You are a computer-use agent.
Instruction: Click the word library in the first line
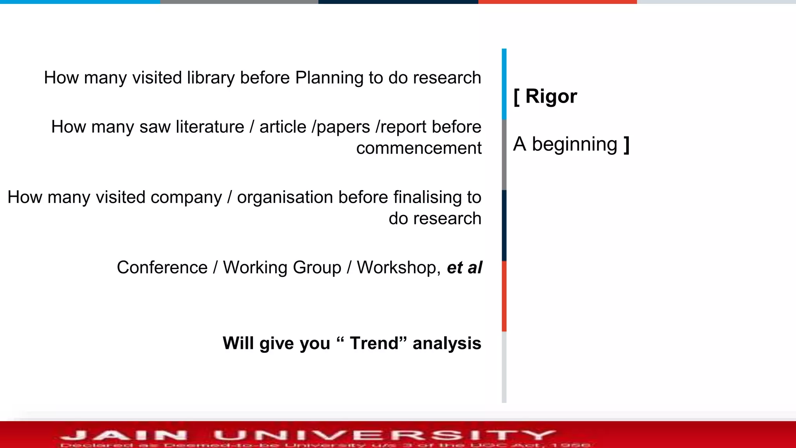coord(210,78)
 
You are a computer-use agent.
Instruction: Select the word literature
coord(210,127)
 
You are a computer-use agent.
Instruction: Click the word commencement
coord(419,148)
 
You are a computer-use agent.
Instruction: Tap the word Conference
coord(162,268)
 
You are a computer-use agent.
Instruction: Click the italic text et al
coord(464,268)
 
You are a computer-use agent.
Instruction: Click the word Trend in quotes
coord(374,343)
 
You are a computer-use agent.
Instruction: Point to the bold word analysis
coord(447,343)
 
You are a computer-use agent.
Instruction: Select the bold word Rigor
coord(551,96)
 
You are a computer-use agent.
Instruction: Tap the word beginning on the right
coord(574,144)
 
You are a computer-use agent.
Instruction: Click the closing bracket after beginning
coord(627,144)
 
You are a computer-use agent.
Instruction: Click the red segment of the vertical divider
coord(504,296)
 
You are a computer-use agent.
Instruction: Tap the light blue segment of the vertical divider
coord(504,84)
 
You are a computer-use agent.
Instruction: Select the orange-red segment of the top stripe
coord(557,2)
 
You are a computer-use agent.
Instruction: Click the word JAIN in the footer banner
coord(124,435)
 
